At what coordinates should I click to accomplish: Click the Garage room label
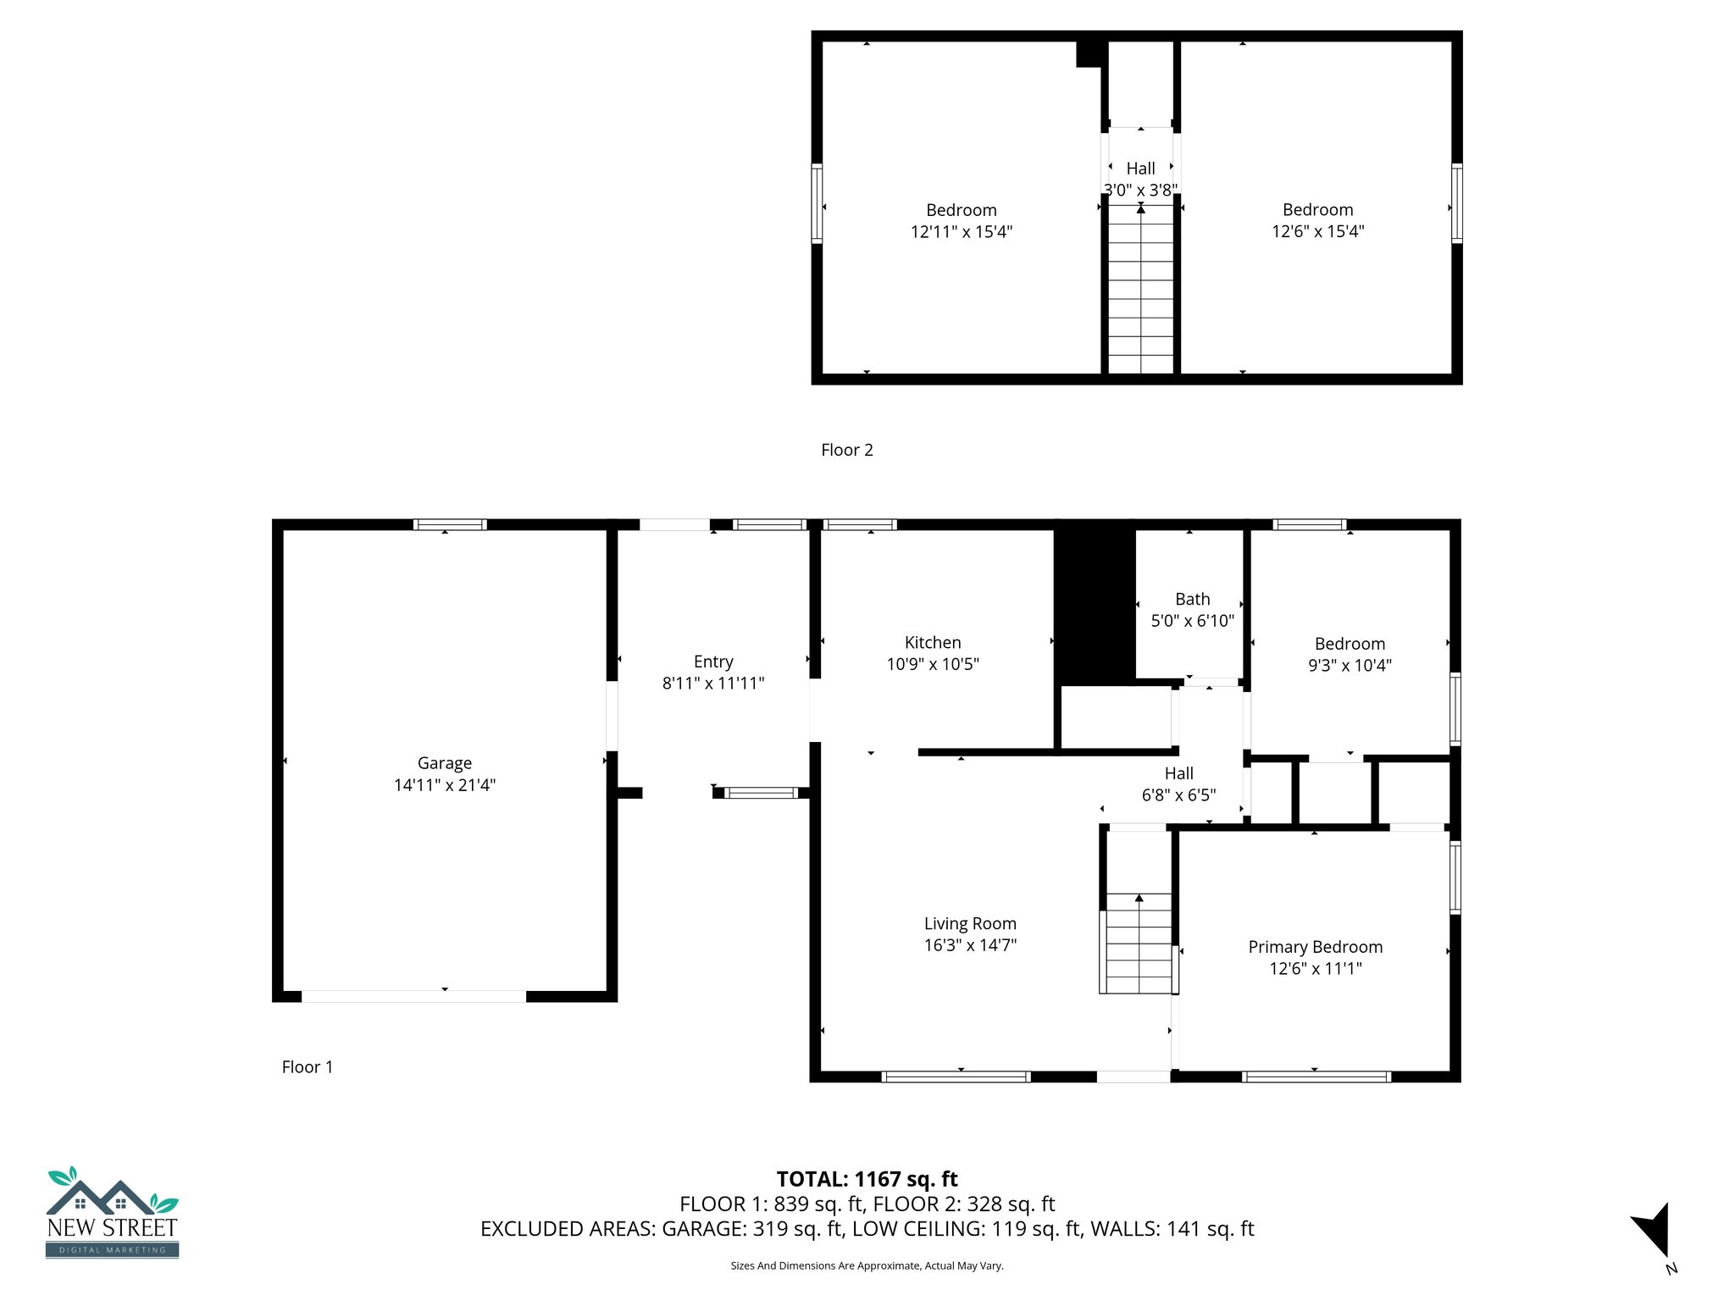[x=444, y=763]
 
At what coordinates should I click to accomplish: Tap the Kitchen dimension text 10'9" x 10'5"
[x=933, y=665]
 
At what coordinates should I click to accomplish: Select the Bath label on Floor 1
[x=1192, y=600]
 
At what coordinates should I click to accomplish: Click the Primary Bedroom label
[x=1315, y=947]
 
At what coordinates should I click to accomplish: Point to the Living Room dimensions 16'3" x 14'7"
[x=970, y=945]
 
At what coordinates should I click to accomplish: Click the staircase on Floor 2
[x=1140, y=288]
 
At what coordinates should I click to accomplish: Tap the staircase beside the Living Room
[x=1138, y=944]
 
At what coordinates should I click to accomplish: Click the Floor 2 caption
[x=846, y=451]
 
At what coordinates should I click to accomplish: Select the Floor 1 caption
[x=307, y=1067]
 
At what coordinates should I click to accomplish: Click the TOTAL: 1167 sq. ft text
[x=867, y=1179]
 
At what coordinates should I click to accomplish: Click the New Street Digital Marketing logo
[x=112, y=1213]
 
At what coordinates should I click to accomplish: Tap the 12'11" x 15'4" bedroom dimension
[x=961, y=232]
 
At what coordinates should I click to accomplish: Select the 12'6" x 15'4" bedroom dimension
[x=1317, y=232]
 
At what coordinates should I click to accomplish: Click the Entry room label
[x=712, y=662]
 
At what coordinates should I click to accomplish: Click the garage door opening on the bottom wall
[x=413, y=997]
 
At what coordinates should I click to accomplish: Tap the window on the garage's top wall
[x=450, y=525]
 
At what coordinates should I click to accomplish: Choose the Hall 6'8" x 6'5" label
[x=1178, y=774]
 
